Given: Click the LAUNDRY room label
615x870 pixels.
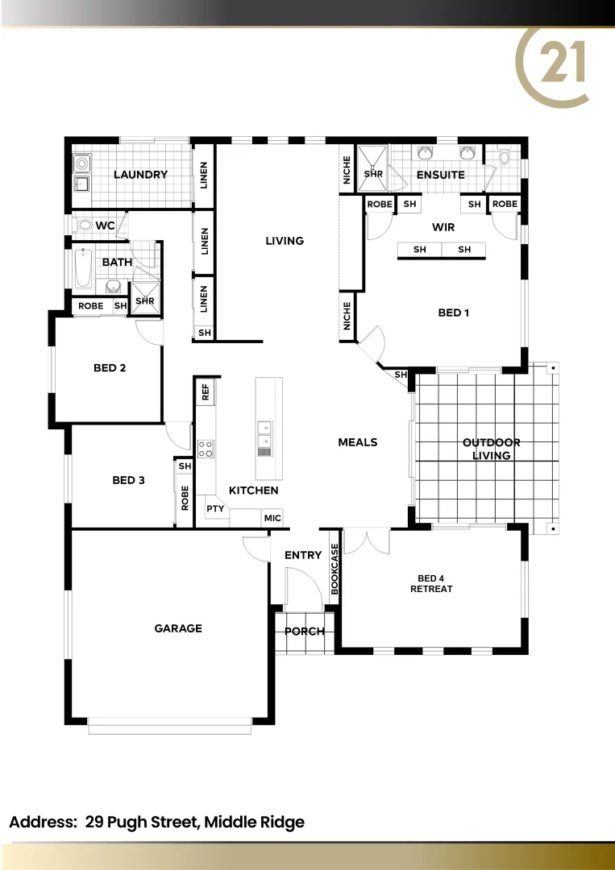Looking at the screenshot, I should pos(140,175).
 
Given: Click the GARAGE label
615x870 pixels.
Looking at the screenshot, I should pos(178,628).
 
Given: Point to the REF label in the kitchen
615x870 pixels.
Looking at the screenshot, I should pos(206,392).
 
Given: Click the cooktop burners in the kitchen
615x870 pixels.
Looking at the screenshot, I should pos(206,448).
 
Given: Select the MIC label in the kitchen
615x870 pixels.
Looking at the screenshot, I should pos(272,518).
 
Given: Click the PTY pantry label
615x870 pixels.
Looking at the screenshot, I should pos(214,508).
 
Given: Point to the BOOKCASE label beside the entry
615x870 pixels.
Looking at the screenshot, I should pos(335,569).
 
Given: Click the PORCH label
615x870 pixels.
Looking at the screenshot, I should pos(305,632).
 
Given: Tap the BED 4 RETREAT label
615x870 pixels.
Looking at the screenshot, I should pos(431,583).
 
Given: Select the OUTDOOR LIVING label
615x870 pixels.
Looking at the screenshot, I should pos(491,449).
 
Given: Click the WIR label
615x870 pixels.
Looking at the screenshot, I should pos(443,227).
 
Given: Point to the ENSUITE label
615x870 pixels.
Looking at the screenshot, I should pos(440,175).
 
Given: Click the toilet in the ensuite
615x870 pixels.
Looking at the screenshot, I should pos(505,155).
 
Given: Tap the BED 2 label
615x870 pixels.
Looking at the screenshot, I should pos(110,368).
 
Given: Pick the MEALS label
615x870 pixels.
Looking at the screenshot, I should pos(357,442).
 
